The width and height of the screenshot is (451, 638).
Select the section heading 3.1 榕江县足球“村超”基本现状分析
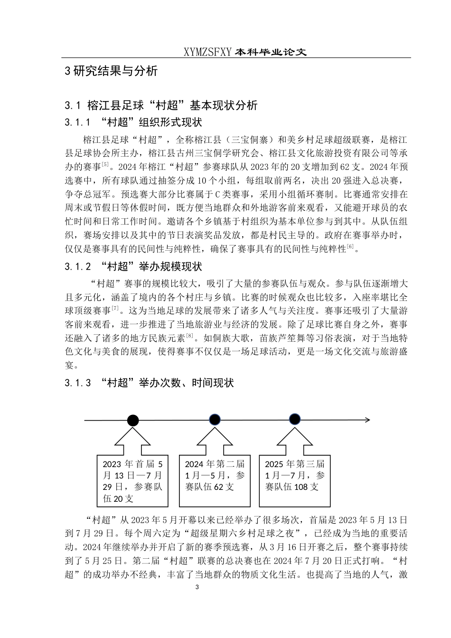[x=161, y=105]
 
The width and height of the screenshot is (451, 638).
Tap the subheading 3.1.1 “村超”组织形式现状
[x=133, y=122]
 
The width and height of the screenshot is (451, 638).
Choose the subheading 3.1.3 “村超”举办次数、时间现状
[x=149, y=383]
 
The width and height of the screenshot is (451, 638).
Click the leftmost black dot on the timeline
[x=133, y=420]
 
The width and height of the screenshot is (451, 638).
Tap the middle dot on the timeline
[x=215, y=420]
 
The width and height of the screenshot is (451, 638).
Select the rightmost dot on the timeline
[x=295, y=420]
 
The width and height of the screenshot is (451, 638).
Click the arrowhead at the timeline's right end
[x=367, y=420]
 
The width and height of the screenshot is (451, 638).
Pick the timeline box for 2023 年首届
[x=133, y=480]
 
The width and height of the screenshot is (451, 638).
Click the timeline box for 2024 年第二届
[x=215, y=480]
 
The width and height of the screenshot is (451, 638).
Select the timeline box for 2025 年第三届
[x=295, y=480]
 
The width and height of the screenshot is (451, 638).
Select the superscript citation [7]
[x=115, y=309]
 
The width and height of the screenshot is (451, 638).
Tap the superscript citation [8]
[x=189, y=336]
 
